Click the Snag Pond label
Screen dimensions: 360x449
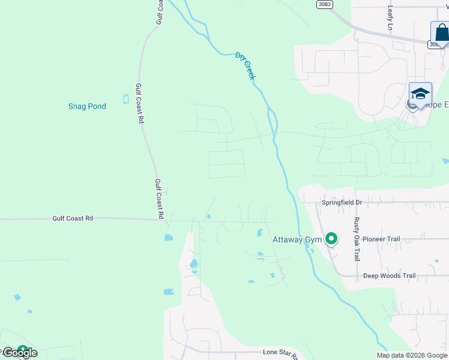click(87, 107)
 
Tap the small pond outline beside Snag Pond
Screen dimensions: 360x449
click(125, 99)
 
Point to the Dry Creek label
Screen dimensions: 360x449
click(246, 66)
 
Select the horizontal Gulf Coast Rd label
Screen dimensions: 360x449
click(72, 219)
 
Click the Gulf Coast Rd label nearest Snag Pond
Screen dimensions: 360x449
click(139, 103)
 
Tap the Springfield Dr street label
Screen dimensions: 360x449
click(342, 203)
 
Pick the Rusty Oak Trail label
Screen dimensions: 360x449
click(356, 239)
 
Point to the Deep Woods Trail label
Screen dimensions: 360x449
click(390, 276)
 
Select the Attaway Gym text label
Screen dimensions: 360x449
click(297, 240)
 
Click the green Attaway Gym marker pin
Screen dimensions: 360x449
click(331, 239)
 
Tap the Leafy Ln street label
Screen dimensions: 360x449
click(390, 18)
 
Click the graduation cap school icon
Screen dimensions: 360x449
click(420, 94)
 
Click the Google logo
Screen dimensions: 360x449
click(20, 353)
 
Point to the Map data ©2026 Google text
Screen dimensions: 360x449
click(411, 355)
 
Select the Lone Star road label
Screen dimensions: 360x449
click(280, 354)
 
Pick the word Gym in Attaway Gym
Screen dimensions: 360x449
click(313, 240)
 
